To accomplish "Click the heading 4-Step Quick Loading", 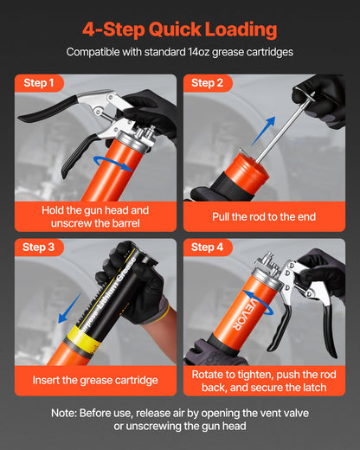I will [x=180, y=29].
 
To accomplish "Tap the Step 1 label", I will [x=39, y=83].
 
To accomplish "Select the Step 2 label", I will [x=207, y=83].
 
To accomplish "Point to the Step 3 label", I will [x=39, y=247].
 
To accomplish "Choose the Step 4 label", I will [x=207, y=247].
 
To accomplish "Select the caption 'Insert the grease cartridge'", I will [x=95, y=379].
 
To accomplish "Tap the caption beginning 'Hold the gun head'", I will [x=95, y=216].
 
